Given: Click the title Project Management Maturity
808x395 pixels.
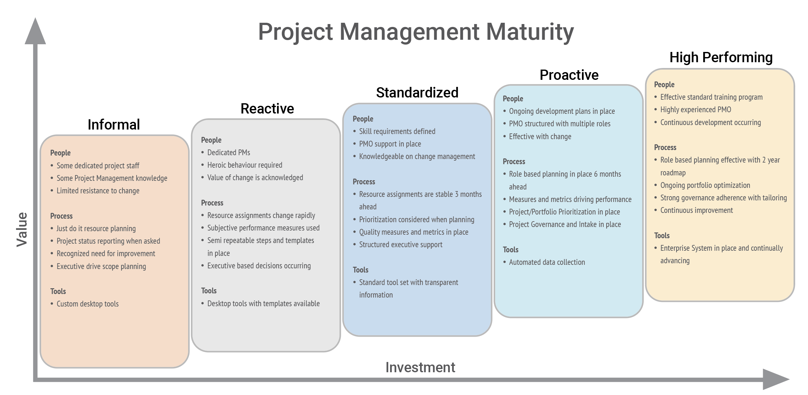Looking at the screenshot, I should tap(416, 32).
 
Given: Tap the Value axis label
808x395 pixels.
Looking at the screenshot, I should tap(22, 229).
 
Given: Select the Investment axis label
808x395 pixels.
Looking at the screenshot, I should tap(420, 367).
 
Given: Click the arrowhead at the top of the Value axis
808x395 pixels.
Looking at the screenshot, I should tap(35, 32).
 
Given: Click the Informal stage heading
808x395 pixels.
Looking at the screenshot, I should tap(114, 124).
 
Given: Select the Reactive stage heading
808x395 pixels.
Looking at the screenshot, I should tap(267, 108).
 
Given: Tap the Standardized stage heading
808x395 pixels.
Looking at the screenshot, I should tap(417, 92).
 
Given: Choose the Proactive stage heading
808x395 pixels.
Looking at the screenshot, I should tap(569, 75).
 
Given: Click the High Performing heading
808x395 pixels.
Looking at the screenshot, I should tap(721, 57).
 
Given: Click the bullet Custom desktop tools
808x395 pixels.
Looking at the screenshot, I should tap(88, 304).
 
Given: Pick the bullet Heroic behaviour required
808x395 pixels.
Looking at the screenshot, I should tap(245, 165).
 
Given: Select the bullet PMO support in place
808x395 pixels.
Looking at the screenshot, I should tap(390, 144).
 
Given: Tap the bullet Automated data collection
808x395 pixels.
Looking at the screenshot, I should tap(547, 262).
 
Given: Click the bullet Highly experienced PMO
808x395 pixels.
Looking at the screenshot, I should tap(695, 110).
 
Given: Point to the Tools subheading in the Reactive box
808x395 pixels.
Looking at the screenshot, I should tap(209, 291).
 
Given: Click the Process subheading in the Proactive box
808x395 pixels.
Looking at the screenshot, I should tap(514, 162).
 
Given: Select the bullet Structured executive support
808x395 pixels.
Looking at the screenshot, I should tap(400, 245).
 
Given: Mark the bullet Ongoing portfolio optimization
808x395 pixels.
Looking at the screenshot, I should tap(705, 185).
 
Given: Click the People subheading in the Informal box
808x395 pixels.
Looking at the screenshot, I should tap(60, 153).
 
